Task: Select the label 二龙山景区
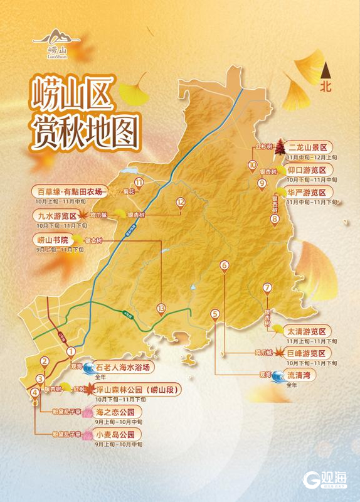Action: pos(308,149)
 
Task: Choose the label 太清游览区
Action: pos(307,331)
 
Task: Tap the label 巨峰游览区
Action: pos(308,353)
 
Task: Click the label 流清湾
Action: pos(302,375)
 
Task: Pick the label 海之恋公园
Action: pos(115,412)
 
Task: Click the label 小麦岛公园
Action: pos(115,434)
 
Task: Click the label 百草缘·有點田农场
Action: pos(68,191)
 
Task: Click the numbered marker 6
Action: pos(225,265)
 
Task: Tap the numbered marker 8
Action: pos(275,219)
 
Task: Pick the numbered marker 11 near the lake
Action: pos(138,183)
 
